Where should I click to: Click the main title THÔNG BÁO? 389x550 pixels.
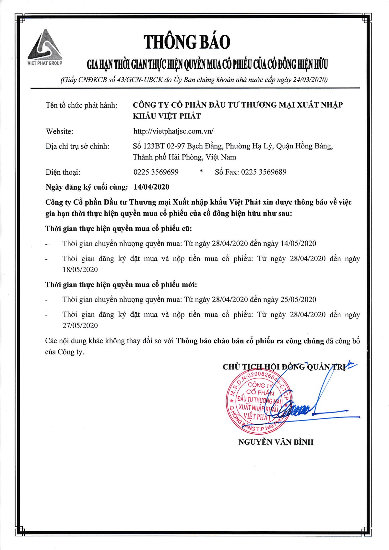coord(187,42)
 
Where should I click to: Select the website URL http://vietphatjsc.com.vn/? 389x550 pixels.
coord(173,131)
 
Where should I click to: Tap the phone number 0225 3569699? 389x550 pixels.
coord(156,172)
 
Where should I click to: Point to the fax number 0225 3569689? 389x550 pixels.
coord(264,172)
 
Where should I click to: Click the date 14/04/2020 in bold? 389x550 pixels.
coord(151,187)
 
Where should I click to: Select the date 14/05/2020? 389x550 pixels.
coord(298,243)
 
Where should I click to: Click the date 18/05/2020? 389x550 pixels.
coord(80,270)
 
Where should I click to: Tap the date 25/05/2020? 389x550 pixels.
coord(298,299)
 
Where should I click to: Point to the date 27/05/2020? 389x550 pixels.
coord(80,326)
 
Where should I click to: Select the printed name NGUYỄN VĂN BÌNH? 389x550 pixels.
coord(276,442)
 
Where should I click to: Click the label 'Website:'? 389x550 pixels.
coord(59,131)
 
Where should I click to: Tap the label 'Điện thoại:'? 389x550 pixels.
coord(63,172)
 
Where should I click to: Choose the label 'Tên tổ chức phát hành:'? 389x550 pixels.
coord(81,105)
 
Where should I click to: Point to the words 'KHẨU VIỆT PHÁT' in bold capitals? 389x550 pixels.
coord(167,116)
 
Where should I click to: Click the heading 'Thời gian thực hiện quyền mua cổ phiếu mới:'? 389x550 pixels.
coord(121,285)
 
